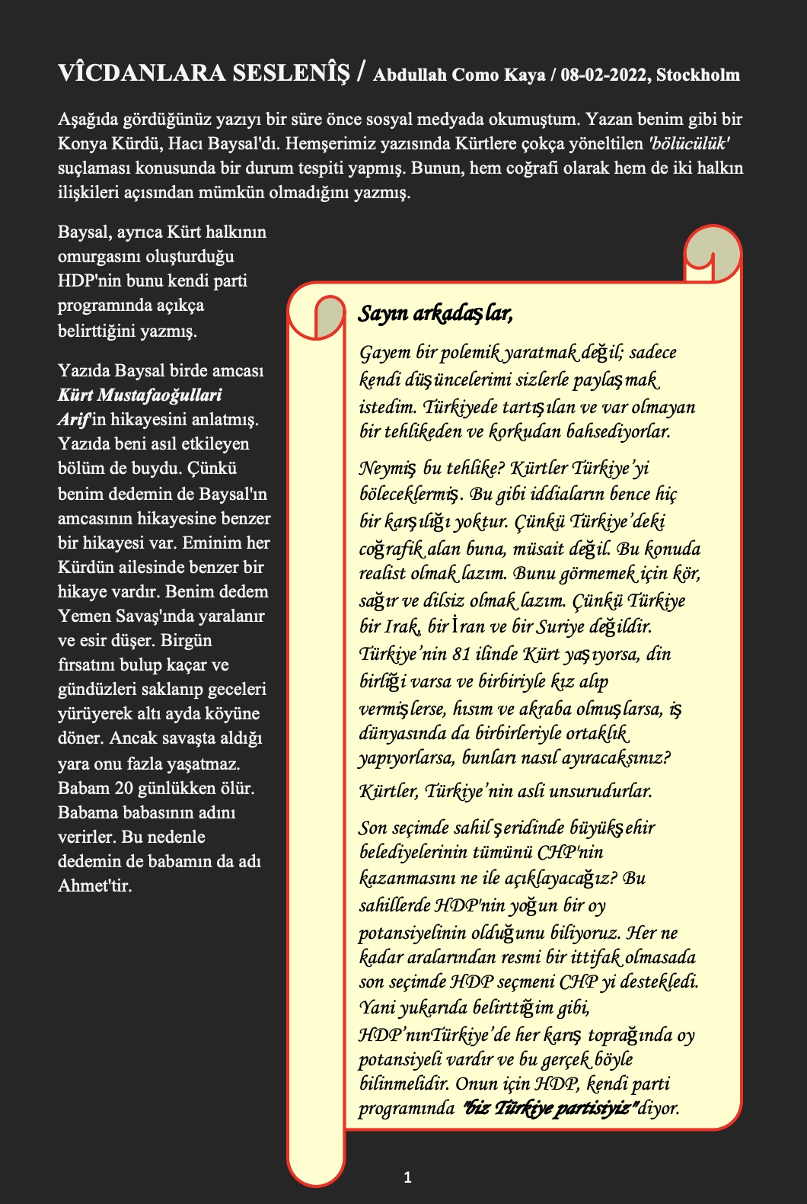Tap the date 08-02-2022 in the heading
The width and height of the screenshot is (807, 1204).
pyautogui.click(x=606, y=75)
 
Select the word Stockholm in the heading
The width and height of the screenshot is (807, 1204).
pyautogui.click(x=698, y=75)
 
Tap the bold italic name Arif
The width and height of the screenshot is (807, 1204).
pyautogui.click(x=74, y=419)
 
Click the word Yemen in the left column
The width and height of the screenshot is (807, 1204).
pyautogui.click(x=84, y=616)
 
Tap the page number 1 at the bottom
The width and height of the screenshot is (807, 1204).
pyautogui.click(x=407, y=1177)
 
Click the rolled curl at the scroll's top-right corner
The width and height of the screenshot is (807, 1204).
pyautogui.click(x=713, y=254)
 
